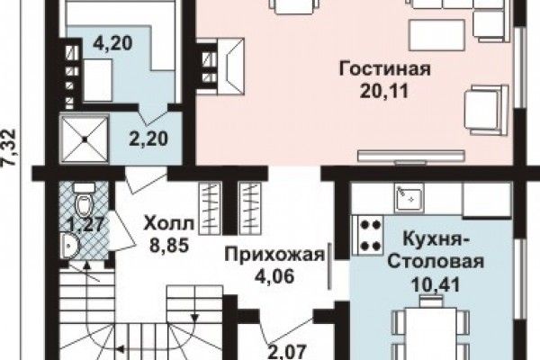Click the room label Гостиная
(x=384, y=68)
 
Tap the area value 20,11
(x=384, y=91)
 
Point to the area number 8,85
(x=169, y=246)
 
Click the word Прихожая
(x=274, y=256)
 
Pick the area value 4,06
(x=274, y=276)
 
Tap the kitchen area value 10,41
(x=436, y=285)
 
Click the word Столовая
(x=436, y=262)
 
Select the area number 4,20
(x=113, y=44)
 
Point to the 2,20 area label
(x=148, y=139)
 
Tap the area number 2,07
(x=287, y=352)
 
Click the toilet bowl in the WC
(x=84, y=202)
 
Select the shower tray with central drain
(x=85, y=139)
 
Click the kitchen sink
(x=409, y=198)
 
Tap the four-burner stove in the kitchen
(x=367, y=236)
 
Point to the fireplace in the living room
(x=228, y=67)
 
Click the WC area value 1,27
(x=86, y=224)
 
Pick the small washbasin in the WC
(x=70, y=246)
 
